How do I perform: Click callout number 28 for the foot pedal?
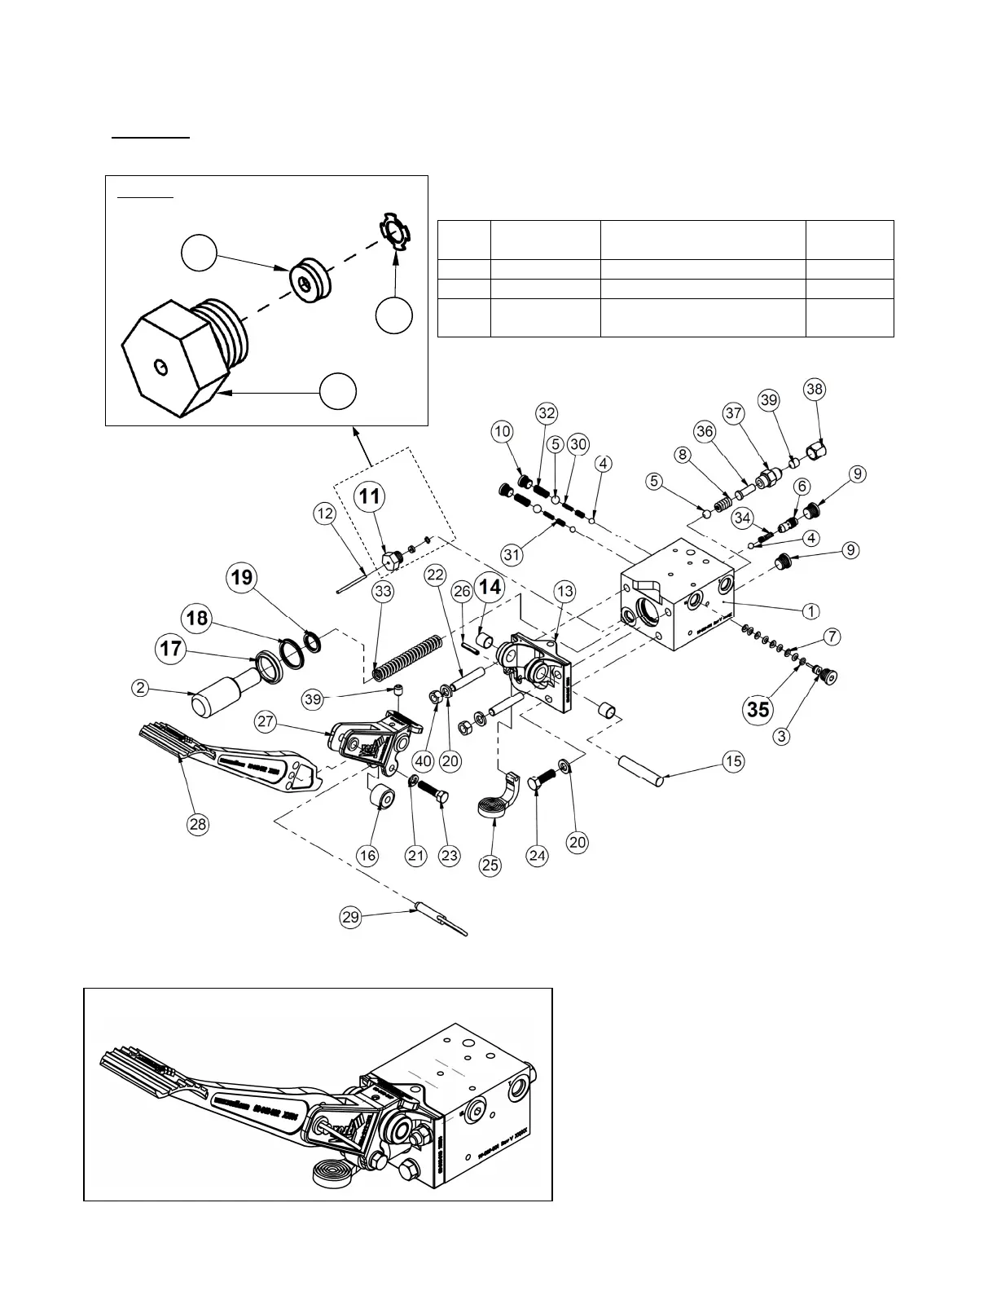(x=198, y=824)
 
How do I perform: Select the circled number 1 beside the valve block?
(x=810, y=610)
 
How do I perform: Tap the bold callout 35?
(x=758, y=709)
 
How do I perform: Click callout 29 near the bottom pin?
(x=351, y=917)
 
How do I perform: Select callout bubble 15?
(x=734, y=761)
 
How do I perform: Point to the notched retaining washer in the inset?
(x=397, y=231)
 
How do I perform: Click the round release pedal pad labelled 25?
(x=493, y=809)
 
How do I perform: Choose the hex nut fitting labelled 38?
(x=817, y=448)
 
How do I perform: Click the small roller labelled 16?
(x=381, y=797)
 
